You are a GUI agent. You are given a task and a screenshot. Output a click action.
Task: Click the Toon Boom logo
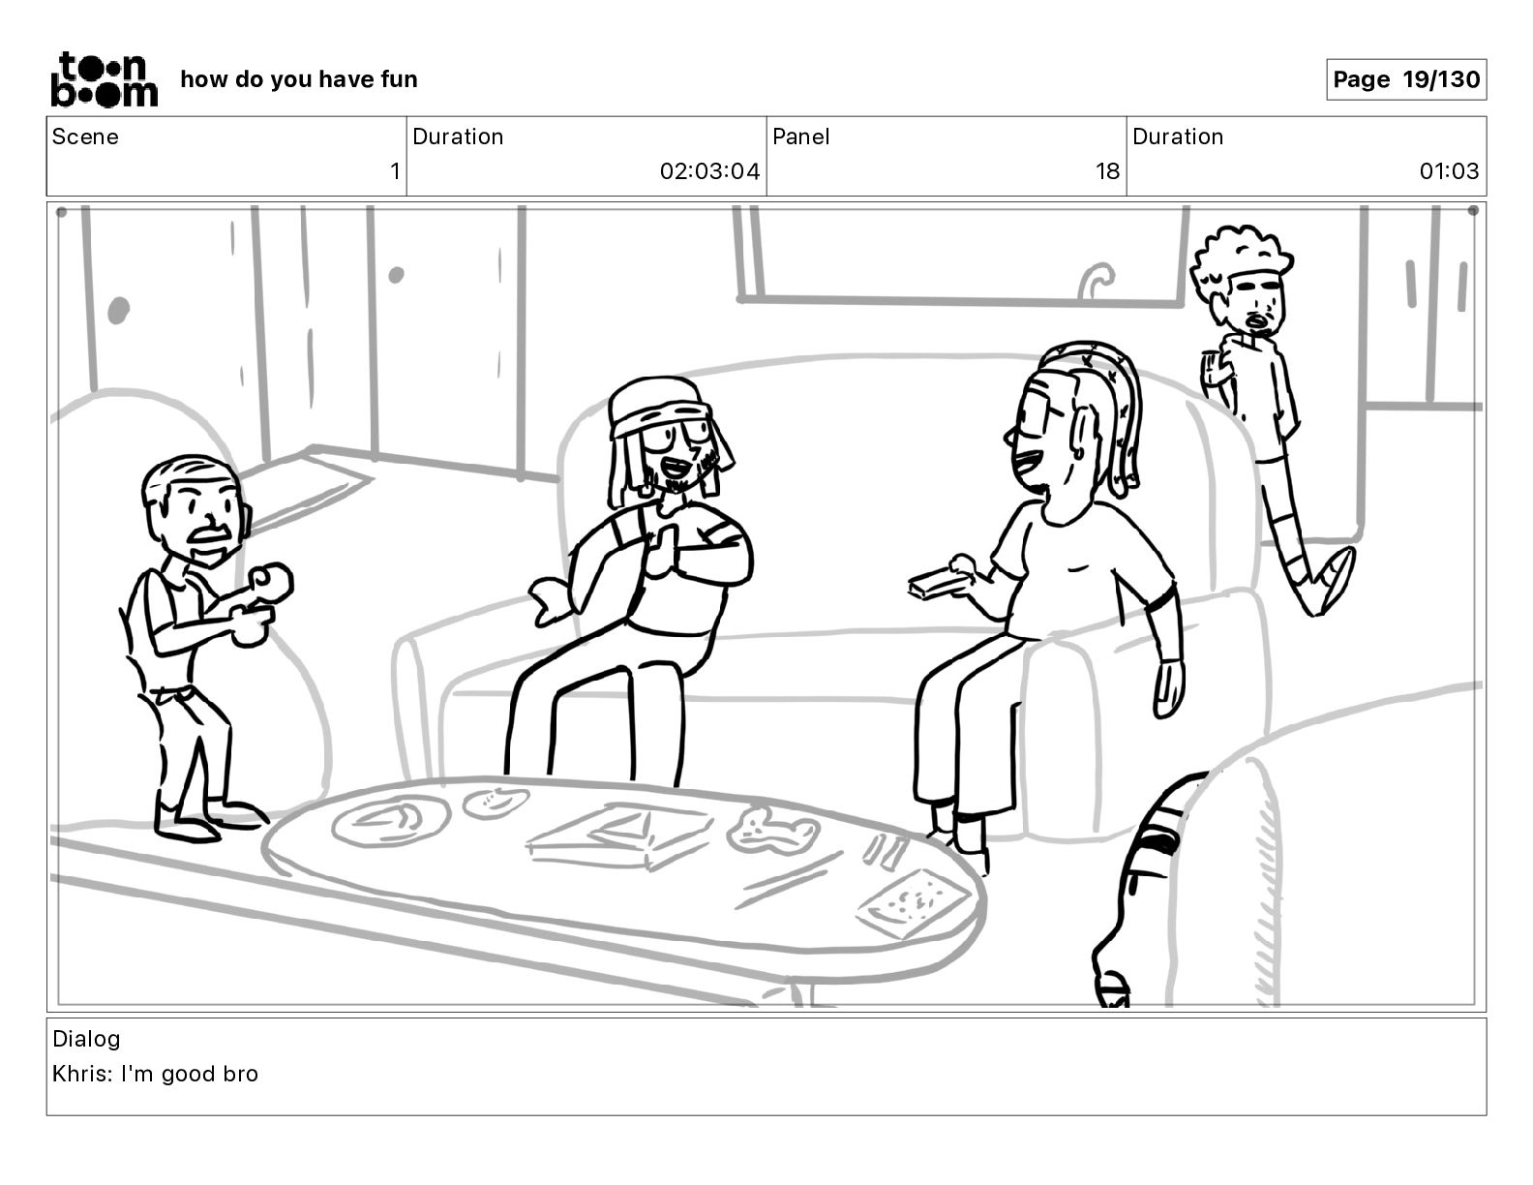click(x=105, y=79)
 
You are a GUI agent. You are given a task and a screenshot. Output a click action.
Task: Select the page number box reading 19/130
click(x=1406, y=79)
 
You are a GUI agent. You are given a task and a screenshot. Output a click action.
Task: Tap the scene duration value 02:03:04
click(x=709, y=170)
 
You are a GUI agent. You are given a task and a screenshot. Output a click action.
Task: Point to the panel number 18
click(x=1107, y=170)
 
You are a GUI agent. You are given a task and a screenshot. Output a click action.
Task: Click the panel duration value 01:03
click(x=1449, y=170)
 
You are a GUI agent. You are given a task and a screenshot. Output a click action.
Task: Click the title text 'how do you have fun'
click(x=299, y=79)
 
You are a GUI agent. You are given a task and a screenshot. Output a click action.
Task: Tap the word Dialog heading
click(x=86, y=1039)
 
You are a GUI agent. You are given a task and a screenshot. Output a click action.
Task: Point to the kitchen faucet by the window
click(x=1095, y=280)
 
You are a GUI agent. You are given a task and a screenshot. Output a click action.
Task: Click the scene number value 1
click(x=395, y=170)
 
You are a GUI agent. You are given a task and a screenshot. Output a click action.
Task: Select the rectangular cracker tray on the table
click(x=913, y=903)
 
